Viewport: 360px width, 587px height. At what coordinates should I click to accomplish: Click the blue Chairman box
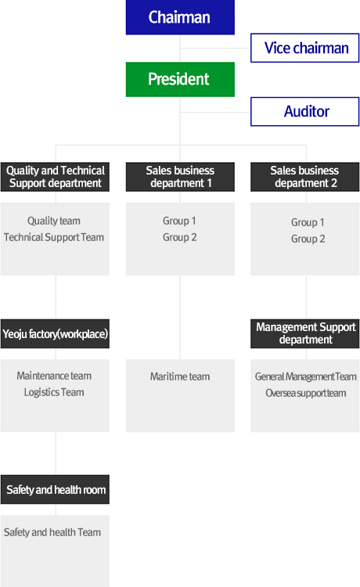tap(180, 17)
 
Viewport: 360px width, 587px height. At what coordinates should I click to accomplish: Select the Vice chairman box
tap(304, 48)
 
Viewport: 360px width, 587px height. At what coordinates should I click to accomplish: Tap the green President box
tap(180, 79)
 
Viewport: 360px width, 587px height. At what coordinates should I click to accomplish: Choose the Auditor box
tap(304, 112)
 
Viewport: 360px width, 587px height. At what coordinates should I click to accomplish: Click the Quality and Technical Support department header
tap(55, 177)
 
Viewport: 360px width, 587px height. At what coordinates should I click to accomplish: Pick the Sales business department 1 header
tap(180, 177)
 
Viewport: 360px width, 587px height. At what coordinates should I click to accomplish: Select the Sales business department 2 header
tap(304, 177)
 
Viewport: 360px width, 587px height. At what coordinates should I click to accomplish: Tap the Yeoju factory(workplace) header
tap(55, 333)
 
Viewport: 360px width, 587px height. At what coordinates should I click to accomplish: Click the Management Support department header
tap(304, 333)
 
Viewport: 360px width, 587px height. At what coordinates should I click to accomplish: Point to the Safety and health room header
tap(55, 490)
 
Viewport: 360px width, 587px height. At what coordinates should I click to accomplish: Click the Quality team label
tap(54, 221)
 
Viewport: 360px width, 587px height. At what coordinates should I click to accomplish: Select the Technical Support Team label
tap(54, 237)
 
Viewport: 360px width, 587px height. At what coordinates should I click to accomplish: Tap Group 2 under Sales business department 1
tap(180, 237)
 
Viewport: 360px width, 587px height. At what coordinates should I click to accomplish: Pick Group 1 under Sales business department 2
tap(308, 222)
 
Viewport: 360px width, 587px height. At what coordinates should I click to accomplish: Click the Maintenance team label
tap(54, 376)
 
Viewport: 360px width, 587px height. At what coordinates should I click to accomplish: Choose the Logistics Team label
tap(54, 392)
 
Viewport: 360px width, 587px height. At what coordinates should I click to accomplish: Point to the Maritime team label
tap(180, 376)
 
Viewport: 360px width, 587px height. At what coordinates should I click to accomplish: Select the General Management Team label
tap(306, 376)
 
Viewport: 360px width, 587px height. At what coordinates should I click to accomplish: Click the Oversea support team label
tap(306, 393)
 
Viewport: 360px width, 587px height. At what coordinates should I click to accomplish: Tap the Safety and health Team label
tap(52, 532)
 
